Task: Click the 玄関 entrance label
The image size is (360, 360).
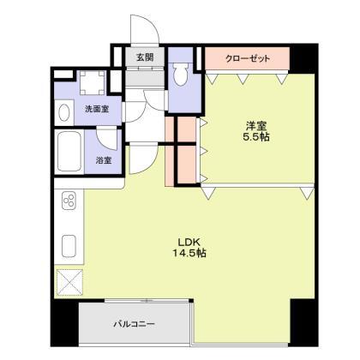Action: tap(143, 58)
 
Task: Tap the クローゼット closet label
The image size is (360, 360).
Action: tap(247, 58)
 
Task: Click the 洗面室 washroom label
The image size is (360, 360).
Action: tap(95, 110)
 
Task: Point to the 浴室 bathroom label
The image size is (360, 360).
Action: tap(102, 159)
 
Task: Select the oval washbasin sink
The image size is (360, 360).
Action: tap(65, 112)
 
